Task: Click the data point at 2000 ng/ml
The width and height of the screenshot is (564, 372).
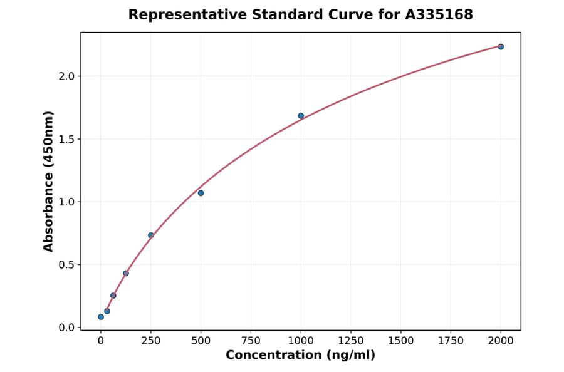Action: (x=501, y=47)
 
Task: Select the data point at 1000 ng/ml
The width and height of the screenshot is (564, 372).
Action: (x=301, y=116)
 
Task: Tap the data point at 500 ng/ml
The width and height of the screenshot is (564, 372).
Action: (x=201, y=193)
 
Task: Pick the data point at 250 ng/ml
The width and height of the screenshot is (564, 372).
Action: (x=151, y=235)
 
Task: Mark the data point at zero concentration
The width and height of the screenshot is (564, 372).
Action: (x=101, y=317)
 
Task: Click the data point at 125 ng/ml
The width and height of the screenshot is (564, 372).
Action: (x=126, y=273)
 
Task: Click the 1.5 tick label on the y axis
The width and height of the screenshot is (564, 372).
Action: (x=66, y=139)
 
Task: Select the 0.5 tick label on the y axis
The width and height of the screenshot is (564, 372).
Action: (x=66, y=265)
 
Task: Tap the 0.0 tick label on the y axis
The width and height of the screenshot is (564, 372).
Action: (x=66, y=328)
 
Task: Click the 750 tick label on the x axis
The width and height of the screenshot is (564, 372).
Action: (x=251, y=341)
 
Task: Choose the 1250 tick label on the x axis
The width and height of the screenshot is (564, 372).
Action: (x=351, y=341)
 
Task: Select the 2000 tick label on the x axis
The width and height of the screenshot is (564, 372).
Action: (x=501, y=341)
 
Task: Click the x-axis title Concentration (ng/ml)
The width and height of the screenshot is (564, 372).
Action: (x=300, y=356)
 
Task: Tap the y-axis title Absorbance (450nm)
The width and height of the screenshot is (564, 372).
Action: (x=49, y=181)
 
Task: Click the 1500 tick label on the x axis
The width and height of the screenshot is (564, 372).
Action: (x=401, y=341)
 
